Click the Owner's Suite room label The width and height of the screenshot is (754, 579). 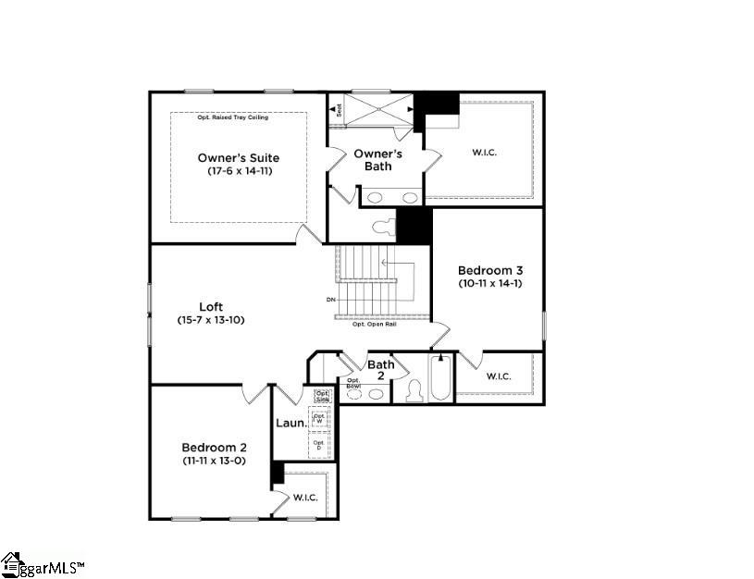point(238,158)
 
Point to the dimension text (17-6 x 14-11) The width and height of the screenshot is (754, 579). point(239,171)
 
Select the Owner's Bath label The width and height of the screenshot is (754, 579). point(377,159)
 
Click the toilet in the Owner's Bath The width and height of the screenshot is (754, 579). point(381,227)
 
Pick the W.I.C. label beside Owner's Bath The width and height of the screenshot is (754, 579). point(483,152)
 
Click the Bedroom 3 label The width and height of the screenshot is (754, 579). point(490,270)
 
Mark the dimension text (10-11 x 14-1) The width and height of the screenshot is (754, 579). point(490,283)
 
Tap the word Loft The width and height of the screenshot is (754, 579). point(211,307)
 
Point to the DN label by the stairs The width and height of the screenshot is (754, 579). point(330,300)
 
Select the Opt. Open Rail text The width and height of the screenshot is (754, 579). point(374,325)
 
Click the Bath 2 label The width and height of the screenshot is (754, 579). point(381,370)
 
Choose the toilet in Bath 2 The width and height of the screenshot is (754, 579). point(413,391)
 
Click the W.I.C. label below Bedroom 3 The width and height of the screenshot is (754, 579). point(498,376)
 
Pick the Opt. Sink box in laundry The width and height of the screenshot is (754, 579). point(321,396)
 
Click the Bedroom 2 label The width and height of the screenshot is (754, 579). point(213,447)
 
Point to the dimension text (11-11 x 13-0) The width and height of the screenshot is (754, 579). point(213,460)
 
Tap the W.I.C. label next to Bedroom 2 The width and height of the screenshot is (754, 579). point(305,498)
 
